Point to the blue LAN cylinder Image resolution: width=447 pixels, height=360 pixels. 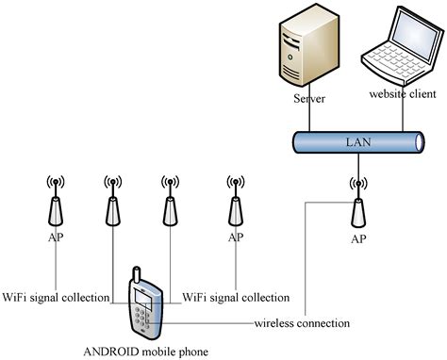tap(356, 143)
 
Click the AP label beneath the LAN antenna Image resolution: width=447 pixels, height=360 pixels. tap(357, 239)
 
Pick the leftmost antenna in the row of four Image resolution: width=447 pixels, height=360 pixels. tap(55, 202)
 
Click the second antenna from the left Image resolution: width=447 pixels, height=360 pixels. tap(112, 202)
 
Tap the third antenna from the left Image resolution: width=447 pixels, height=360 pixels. tap(171, 202)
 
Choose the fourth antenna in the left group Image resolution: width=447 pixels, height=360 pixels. tap(234, 202)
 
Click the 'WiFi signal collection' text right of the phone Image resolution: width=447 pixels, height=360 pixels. tap(236, 298)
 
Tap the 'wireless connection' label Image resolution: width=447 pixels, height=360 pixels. tap(303, 323)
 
